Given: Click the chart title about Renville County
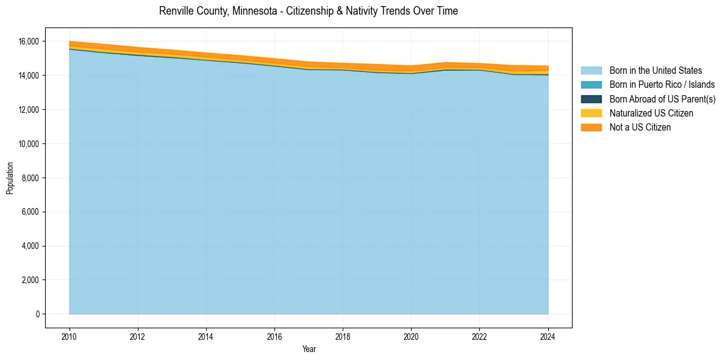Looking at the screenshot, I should tap(308, 11).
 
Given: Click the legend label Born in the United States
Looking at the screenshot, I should tap(655, 71).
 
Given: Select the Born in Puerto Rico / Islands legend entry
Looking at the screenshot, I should tap(662, 85).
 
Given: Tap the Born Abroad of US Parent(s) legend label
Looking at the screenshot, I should tap(662, 99).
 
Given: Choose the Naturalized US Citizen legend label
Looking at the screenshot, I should tap(651, 113).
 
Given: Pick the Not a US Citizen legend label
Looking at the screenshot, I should tap(640, 128).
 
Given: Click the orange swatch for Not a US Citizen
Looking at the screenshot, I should tap(591, 128).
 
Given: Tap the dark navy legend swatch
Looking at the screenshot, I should tap(591, 99).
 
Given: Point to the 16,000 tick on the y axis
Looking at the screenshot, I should tap(29, 41).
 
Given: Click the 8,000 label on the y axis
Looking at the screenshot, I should tap(30, 178).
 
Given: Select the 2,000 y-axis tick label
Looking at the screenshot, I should tap(30, 280).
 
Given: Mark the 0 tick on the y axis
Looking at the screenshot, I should tap(37, 314).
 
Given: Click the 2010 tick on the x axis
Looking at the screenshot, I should tap(70, 336).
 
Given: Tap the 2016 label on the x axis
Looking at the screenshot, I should tap(274, 336).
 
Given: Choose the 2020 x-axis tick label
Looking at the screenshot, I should tap(411, 336).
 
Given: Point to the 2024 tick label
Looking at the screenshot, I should tap(548, 336).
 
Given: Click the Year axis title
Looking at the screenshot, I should tap(309, 349).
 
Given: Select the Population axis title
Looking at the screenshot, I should tap(10, 178).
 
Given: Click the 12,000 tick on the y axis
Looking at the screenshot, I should tap(29, 110).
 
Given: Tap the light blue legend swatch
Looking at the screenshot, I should tap(591, 71).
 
